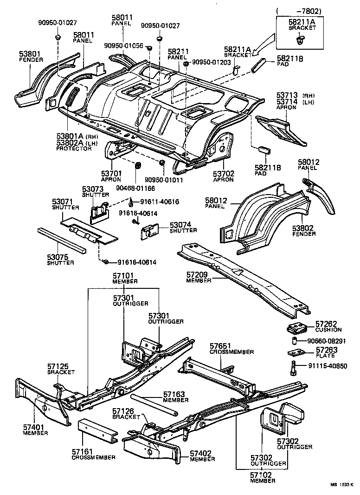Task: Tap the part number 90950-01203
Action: [211, 62]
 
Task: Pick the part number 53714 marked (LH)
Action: [287, 102]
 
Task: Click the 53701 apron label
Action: [111, 173]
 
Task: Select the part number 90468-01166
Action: [135, 188]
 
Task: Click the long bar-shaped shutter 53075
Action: [63, 240]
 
